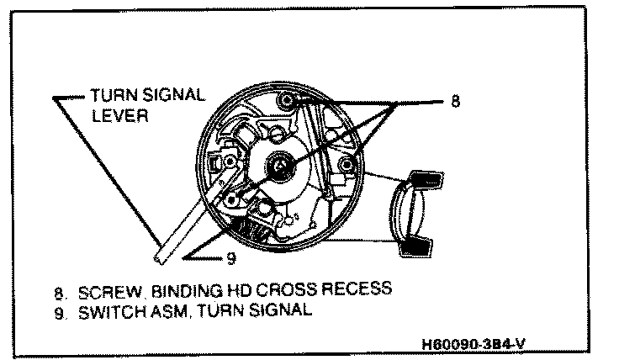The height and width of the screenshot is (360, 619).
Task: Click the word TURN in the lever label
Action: (x=114, y=95)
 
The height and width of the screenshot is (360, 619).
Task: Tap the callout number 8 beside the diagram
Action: (x=455, y=101)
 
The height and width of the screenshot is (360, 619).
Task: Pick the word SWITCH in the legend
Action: (x=106, y=310)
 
